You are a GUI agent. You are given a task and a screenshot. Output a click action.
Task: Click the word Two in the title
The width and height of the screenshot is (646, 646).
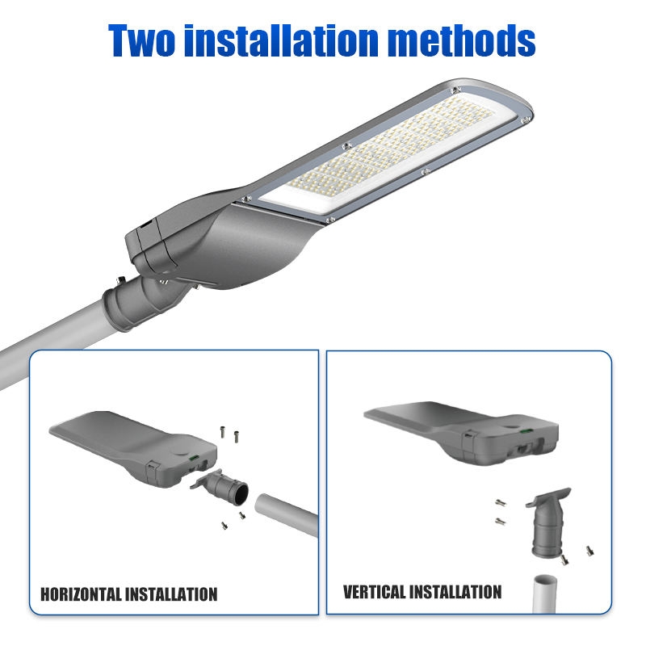[141, 40]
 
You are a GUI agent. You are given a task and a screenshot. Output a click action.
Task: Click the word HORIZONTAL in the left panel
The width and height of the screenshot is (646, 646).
[81, 594]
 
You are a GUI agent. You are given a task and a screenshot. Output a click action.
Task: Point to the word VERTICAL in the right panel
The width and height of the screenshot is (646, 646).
[375, 592]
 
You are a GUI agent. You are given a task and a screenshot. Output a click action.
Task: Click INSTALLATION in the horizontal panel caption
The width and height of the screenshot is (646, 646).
[171, 594]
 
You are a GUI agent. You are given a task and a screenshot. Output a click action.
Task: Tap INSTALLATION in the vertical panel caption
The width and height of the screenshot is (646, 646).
[455, 592]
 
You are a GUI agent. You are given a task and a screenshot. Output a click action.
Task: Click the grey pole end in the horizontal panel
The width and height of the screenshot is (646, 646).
[287, 514]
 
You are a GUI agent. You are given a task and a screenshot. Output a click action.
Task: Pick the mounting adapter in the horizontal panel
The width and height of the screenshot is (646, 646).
[220, 488]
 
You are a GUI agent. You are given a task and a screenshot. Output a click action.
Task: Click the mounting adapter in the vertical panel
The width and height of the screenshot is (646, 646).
[549, 522]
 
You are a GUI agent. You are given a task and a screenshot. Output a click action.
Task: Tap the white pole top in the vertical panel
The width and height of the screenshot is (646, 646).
[544, 594]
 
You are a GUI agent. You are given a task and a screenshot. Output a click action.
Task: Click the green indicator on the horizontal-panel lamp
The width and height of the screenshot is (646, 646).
[193, 457]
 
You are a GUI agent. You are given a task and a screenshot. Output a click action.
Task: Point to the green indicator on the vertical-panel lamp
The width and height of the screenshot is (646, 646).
[526, 431]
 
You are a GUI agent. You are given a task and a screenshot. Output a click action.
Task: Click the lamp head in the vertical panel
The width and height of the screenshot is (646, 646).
[461, 433]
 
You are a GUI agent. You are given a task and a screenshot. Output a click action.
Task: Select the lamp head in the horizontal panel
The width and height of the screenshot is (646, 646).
[132, 449]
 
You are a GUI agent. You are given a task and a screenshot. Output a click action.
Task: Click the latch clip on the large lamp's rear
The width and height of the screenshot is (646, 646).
[145, 225]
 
